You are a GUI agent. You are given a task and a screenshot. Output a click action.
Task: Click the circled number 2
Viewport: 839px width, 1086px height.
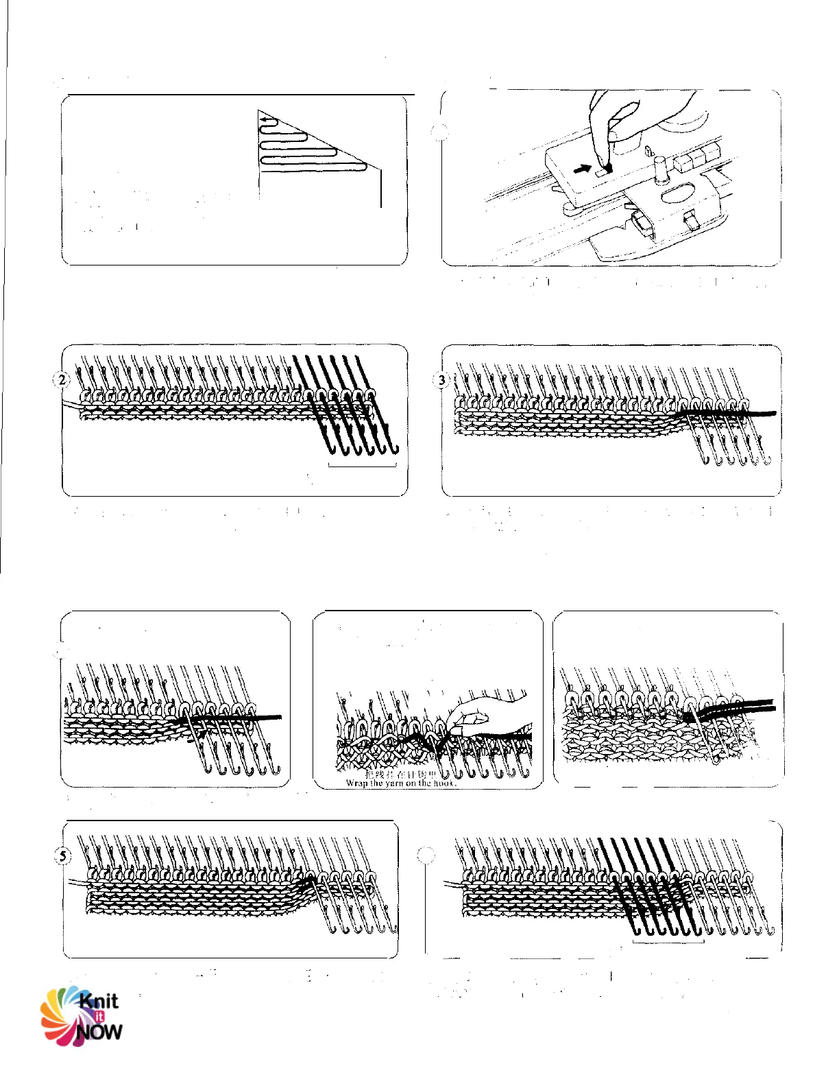pos(63,379)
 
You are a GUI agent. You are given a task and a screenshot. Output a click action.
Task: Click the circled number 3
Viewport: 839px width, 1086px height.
pos(442,379)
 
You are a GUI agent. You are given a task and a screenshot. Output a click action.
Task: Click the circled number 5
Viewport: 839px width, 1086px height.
pos(63,855)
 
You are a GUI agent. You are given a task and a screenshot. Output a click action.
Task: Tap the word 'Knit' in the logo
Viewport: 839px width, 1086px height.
pos(99,1001)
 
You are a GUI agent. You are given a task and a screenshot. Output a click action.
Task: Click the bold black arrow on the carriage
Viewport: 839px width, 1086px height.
pos(583,167)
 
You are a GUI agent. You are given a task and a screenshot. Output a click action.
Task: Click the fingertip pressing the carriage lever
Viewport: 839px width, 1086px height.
pos(606,165)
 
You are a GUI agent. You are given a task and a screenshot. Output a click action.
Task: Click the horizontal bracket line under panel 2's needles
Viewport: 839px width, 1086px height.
pos(363,466)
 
